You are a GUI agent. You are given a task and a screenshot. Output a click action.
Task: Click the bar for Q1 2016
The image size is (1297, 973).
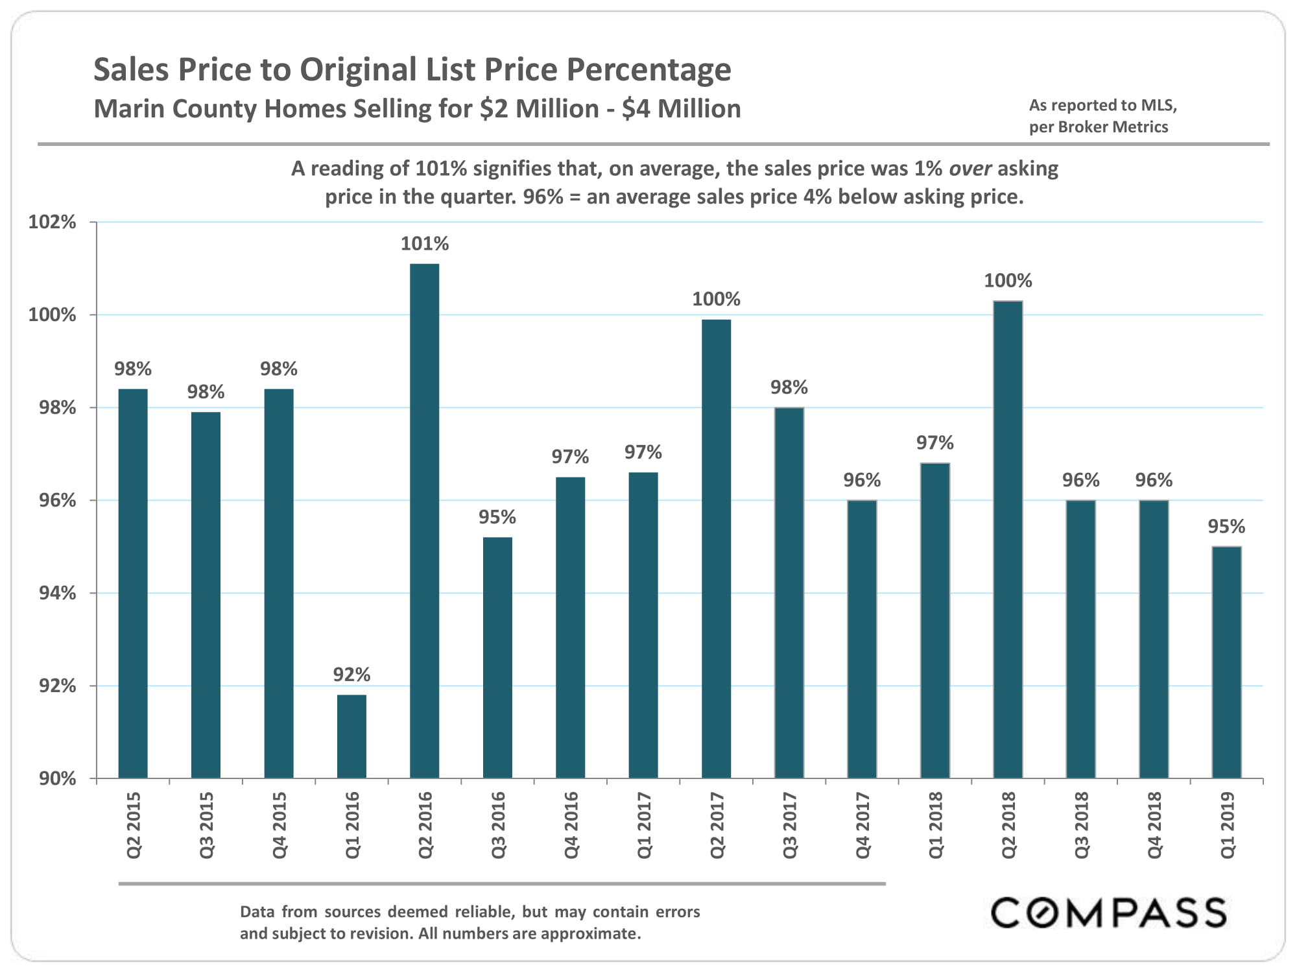(351, 736)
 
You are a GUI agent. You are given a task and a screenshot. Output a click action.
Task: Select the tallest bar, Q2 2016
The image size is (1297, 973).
(425, 519)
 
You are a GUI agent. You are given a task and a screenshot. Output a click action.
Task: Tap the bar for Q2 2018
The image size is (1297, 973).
(1008, 538)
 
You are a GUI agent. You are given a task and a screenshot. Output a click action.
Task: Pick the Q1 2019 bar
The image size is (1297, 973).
(1226, 662)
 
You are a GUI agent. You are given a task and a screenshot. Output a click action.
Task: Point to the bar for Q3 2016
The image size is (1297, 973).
(497, 656)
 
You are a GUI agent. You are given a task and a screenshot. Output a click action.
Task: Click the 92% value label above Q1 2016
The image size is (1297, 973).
(351, 675)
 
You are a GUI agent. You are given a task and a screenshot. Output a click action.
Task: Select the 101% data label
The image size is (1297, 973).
(425, 244)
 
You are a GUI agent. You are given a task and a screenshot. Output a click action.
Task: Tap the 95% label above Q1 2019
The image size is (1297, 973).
(1226, 526)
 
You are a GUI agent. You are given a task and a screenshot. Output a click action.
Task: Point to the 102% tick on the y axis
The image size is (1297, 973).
(52, 222)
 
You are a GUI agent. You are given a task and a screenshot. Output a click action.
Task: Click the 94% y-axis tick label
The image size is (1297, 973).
(57, 593)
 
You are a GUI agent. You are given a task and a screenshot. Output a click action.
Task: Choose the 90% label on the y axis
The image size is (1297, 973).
(57, 778)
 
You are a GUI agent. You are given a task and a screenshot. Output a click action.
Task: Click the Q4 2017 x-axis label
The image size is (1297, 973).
(863, 825)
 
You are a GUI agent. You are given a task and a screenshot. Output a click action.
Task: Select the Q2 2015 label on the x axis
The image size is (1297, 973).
(134, 825)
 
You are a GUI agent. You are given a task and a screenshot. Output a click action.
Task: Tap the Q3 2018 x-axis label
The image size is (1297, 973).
(1081, 825)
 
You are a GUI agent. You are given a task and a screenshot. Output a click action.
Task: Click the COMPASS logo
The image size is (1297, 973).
(1108, 913)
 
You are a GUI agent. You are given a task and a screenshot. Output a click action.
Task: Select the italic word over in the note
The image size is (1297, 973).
(970, 169)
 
